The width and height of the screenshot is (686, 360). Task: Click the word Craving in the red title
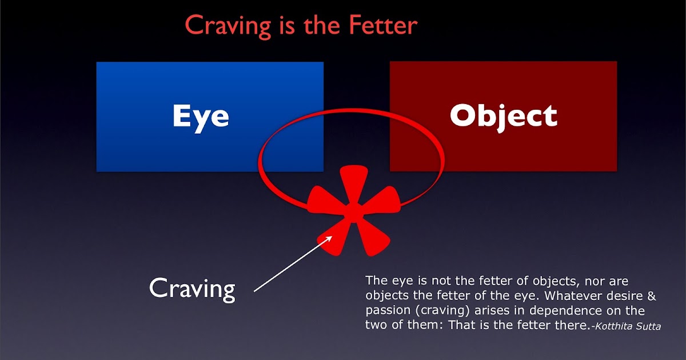tap(228, 27)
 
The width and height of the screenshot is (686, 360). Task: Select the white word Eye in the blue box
tap(201, 118)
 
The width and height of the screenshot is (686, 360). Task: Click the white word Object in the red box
tap(504, 117)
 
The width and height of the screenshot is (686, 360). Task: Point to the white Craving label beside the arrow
tap(192, 290)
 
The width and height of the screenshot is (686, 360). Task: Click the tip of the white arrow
tap(332, 236)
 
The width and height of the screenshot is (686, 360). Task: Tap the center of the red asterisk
tap(353, 213)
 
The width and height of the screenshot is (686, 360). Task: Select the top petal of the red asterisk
tap(354, 183)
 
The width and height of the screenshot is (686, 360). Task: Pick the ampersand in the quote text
tap(651, 296)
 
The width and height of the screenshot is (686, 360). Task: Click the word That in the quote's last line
tap(462, 325)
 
